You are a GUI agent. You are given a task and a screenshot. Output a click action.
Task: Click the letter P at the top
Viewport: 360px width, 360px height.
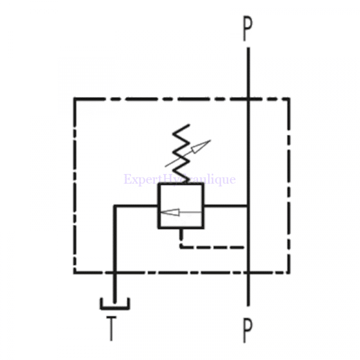pos(248,29)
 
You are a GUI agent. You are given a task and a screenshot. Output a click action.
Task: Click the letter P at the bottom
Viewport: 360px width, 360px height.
pos(248,329)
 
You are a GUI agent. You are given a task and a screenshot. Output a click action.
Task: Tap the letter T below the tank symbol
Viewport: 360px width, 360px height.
pos(112,328)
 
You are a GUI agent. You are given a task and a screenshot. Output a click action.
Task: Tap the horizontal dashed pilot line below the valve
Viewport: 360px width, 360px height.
pos(213,246)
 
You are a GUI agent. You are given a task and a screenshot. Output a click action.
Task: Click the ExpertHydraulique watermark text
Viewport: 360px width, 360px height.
pos(180,179)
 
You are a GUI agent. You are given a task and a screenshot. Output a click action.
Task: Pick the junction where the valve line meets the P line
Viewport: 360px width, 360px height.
pos(248,206)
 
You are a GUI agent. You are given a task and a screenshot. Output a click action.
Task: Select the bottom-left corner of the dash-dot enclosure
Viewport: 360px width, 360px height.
pos(74,272)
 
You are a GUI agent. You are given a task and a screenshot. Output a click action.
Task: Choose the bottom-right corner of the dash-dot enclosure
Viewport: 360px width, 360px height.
pos(289,272)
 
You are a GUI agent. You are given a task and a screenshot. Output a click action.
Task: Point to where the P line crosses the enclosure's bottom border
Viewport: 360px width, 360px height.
pos(248,272)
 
